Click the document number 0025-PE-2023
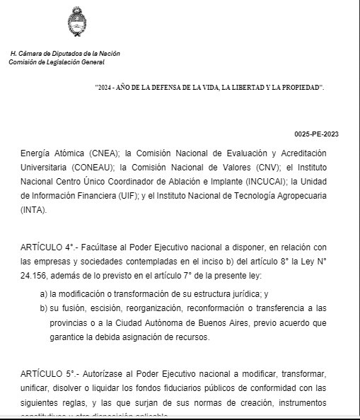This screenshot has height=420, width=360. (318, 134)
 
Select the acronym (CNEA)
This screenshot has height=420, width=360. (104, 153)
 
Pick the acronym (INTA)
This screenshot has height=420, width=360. (34, 209)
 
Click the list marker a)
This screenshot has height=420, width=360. (44, 293)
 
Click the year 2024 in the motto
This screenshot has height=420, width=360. (105, 86)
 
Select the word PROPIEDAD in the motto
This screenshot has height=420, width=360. (298, 86)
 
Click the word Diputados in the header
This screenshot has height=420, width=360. (66, 54)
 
